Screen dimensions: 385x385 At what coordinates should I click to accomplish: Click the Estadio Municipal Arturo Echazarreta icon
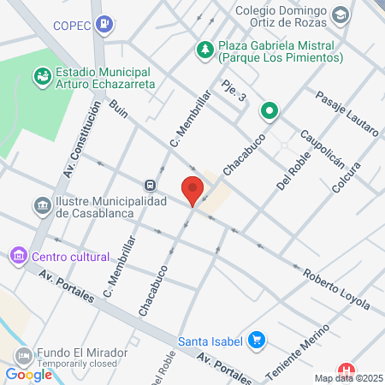40,77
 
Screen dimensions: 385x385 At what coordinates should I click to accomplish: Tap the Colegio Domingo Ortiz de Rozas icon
341,15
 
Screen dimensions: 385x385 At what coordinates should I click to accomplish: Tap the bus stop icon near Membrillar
151,185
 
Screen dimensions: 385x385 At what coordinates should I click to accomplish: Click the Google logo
29,374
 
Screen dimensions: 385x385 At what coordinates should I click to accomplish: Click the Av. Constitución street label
75,147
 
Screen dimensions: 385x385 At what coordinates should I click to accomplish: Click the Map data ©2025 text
348,378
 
